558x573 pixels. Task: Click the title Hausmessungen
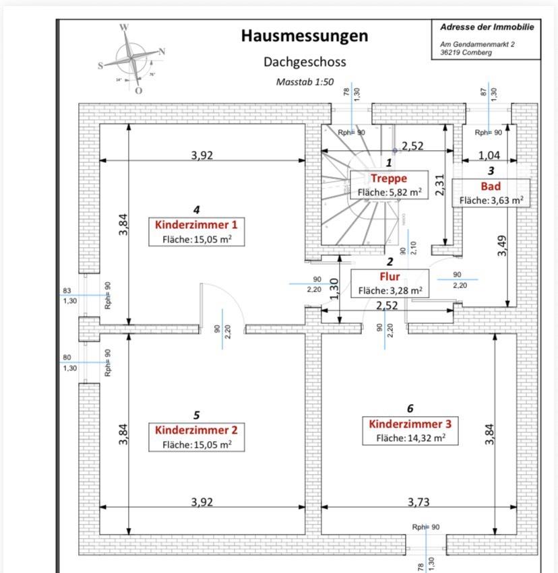pyautogui.click(x=305, y=36)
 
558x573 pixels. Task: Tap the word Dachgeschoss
pyautogui.click(x=305, y=62)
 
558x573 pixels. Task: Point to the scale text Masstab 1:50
pyautogui.click(x=305, y=81)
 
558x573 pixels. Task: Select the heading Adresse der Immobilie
pyautogui.click(x=487, y=28)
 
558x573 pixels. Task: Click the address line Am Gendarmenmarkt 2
pyautogui.click(x=475, y=44)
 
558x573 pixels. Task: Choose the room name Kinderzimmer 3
pyautogui.click(x=410, y=424)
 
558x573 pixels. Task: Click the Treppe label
pyautogui.click(x=389, y=178)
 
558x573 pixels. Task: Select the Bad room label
pyautogui.click(x=491, y=187)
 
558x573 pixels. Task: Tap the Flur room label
pyautogui.click(x=390, y=277)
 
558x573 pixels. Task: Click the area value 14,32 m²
pyautogui.click(x=426, y=438)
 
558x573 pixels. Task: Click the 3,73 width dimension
pyautogui.click(x=418, y=502)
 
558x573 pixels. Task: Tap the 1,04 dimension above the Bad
pyautogui.click(x=490, y=156)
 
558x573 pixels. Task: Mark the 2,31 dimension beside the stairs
pyautogui.click(x=440, y=183)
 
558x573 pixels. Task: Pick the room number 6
pyautogui.click(x=410, y=409)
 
